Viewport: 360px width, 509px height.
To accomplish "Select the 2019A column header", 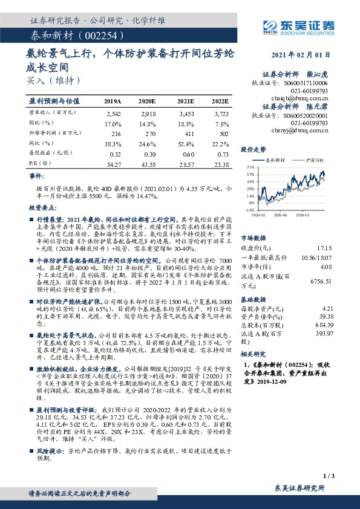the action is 113,101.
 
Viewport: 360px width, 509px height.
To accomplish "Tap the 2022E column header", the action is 220,101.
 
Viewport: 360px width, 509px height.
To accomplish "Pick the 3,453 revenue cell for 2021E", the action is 185,114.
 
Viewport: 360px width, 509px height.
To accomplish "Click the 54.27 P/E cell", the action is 113,164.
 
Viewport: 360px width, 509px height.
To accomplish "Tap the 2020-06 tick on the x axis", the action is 281,214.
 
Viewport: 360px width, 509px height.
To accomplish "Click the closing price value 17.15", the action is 324,248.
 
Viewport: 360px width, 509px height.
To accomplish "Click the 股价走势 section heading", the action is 254,149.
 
